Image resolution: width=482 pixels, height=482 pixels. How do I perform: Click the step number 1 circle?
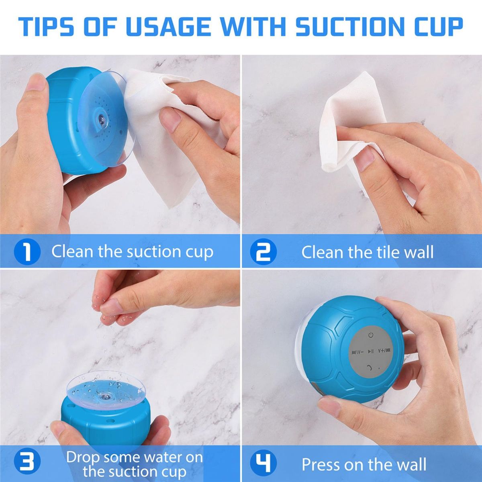tap(27, 251)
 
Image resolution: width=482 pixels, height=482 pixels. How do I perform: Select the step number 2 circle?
tap(263, 251)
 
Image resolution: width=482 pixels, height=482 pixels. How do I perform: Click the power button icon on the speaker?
tap(371, 335)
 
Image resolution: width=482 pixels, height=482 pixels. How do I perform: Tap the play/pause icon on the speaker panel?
tap(371, 352)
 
